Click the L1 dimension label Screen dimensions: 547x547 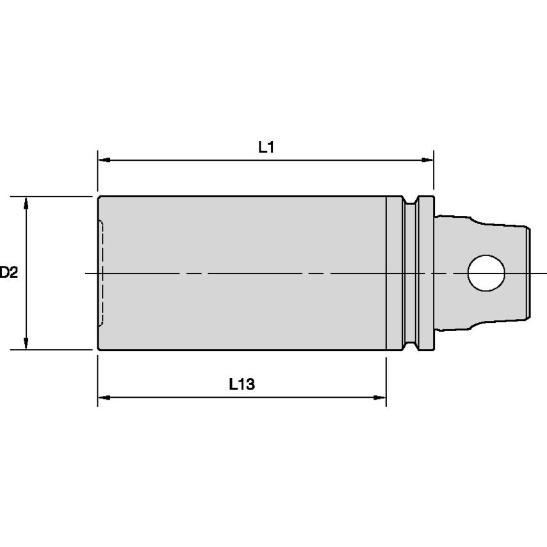(266, 147)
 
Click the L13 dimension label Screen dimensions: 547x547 (242, 384)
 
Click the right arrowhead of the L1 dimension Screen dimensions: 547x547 (429, 159)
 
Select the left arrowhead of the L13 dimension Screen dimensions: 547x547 (102, 398)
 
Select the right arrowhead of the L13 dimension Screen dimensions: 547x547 (381, 398)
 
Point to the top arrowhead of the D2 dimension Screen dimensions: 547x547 (26, 202)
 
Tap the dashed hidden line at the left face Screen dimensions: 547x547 (102, 273)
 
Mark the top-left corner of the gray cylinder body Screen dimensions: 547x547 (99, 197)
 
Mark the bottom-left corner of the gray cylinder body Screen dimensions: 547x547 (99, 350)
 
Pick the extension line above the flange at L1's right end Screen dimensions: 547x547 (434, 173)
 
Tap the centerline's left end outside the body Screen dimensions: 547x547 (90, 273)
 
